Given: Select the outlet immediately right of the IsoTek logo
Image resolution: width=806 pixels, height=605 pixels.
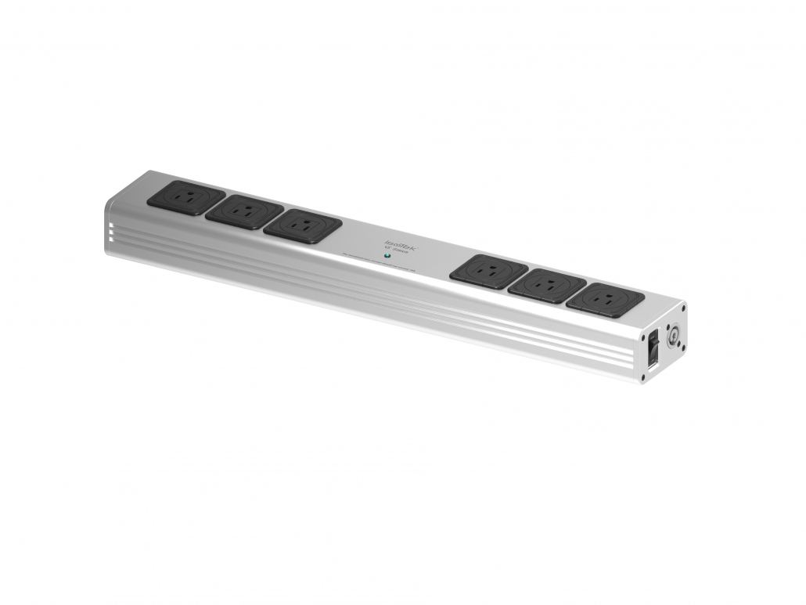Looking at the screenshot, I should (488, 271).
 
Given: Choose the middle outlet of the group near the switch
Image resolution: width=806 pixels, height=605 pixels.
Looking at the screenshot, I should (547, 286).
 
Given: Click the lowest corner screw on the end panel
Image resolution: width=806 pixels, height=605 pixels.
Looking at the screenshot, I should (643, 378).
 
